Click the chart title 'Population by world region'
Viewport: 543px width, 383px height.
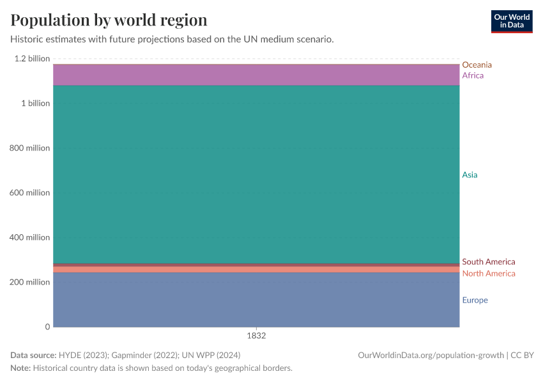click(x=109, y=19)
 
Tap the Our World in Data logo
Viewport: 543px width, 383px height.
click(x=511, y=21)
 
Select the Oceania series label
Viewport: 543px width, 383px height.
click(x=477, y=64)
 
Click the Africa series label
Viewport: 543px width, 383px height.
click(x=473, y=75)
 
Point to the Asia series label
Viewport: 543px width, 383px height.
click(x=470, y=175)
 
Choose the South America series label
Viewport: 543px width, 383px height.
click(x=488, y=262)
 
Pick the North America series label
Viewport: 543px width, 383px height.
click(x=488, y=273)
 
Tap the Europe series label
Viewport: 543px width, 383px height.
click(x=475, y=300)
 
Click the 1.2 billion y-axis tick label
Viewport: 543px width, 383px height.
click(x=31, y=59)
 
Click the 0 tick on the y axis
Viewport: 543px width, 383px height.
click(x=47, y=327)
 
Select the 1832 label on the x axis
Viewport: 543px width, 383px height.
click(x=256, y=335)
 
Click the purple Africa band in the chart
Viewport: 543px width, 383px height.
click(x=256, y=75)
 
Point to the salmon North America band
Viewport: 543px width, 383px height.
click(x=256, y=269)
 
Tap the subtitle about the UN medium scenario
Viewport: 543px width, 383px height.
click(x=172, y=39)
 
